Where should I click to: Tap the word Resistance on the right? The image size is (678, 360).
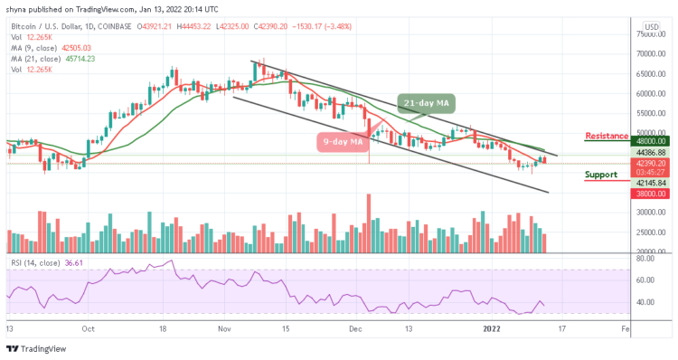(x=607, y=136)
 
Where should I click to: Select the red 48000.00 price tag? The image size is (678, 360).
(x=649, y=141)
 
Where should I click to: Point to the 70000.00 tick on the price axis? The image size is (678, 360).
(x=649, y=53)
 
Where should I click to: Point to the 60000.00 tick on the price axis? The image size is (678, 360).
(x=649, y=93)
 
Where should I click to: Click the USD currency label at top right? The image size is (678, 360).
(x=648, y=27)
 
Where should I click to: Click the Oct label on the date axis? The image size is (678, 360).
(x=89, y=331)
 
